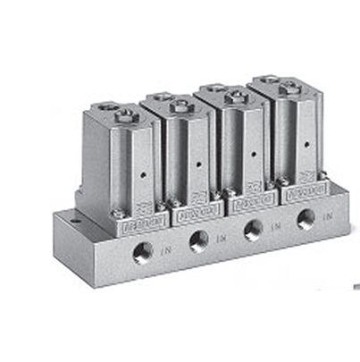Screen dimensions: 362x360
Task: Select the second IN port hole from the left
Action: (199, 240)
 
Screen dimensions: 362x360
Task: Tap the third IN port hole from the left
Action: (253, 229)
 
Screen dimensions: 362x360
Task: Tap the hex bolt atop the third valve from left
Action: (236, 96)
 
